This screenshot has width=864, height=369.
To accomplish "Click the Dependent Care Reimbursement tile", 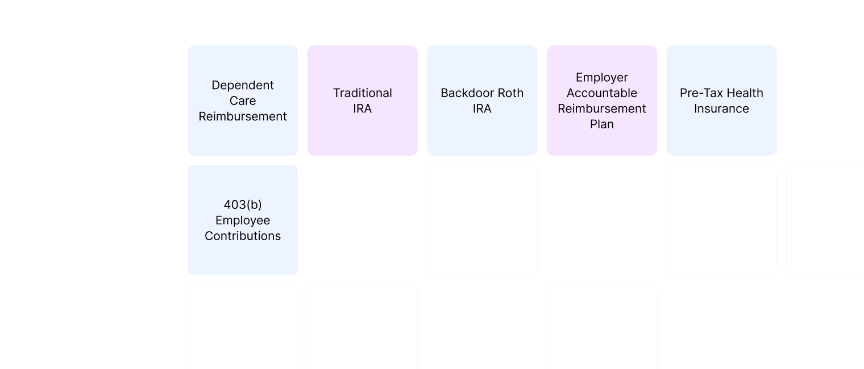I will pyautogui.click(x=243, y=100).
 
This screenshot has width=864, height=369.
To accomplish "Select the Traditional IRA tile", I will pyautogui.click(x=362, y=100).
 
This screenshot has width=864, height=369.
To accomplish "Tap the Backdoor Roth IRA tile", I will pyautogui.click(x=482, y=100).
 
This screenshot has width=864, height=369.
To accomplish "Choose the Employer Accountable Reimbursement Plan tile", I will pyautogui.click(x=601, y=100).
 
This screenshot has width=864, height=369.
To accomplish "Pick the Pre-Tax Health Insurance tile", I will pyautogui.click(x=721, y=100).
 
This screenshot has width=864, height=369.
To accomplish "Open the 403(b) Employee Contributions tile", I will pyautogui.click(x=243, y=220).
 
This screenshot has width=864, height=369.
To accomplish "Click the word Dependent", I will pyautogui.click(x=243, y=85).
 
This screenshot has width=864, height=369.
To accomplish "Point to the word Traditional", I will pyautogui.click(x=362, y=93).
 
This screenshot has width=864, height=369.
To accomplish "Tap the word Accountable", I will pyautogui.click(x=601, y=93).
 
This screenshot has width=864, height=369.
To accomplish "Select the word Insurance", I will pyautogui.click(x=721, y=108).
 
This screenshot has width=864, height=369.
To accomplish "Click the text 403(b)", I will pyautogui.click(x=243, y=205).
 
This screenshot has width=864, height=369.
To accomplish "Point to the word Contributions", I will pyautogui.click(x=243, y=236).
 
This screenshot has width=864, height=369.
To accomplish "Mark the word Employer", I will pyautogui.click(x=601, y=77).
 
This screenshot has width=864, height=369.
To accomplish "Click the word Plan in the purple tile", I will pyautogui.click(x=601, y=124).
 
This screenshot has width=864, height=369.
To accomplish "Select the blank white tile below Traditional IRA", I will pyautogui.click(x=362, y=220).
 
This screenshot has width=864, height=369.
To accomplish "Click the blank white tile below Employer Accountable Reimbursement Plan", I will pyautogui.click(x=601, y=220).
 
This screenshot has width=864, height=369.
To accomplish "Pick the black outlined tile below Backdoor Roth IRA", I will pyautogui.click(x=482, y=220).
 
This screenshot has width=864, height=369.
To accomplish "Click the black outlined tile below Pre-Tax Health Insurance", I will pyautogui.click(x=721, y=220).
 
